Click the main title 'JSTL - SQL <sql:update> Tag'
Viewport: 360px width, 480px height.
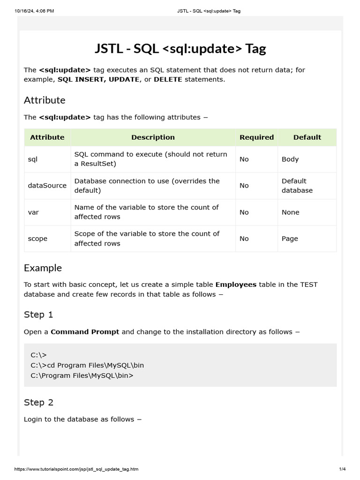coord(180,48)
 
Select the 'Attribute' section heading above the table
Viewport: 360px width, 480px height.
coord(45,100)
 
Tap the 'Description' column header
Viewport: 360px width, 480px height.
coord(153,137)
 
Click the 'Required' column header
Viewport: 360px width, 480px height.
coord(256,137)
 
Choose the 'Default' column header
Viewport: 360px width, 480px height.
coord(307,137)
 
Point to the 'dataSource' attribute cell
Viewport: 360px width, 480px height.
coord(47,186)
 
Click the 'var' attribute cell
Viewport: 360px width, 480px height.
coord(33,212)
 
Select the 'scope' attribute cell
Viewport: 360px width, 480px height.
coord(37,239)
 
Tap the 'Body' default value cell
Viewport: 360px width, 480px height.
coord(290,159)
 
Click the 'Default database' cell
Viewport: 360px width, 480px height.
coord(297,186)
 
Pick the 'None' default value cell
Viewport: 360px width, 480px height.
coord(290,212)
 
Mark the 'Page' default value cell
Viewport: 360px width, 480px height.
coord(290,239)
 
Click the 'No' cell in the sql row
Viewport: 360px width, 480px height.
coord(244,159)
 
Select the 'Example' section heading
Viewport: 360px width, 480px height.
coord(43,268)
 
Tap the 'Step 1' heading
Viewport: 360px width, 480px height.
coord(38,315)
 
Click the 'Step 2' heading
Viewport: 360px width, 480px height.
coord(38,402)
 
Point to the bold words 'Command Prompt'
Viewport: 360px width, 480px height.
coord(85,332)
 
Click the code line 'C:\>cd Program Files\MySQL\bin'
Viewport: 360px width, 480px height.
coord(87,365)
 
